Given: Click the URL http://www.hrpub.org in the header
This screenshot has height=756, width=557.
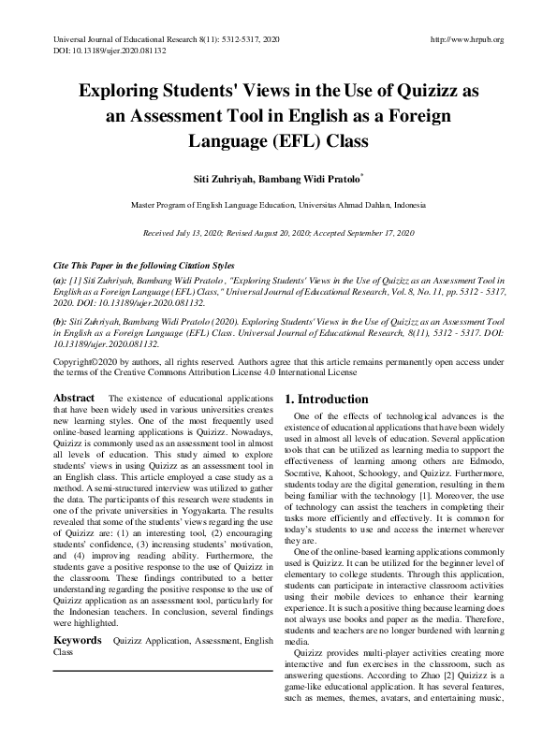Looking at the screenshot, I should coord(466,39).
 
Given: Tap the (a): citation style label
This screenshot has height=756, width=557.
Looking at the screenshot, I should coord(61,280).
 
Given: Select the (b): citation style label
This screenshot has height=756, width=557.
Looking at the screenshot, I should coord(61,320).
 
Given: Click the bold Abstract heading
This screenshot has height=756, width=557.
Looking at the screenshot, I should coord(75,399).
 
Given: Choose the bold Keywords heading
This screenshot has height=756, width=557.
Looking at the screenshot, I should coord(78,614).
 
